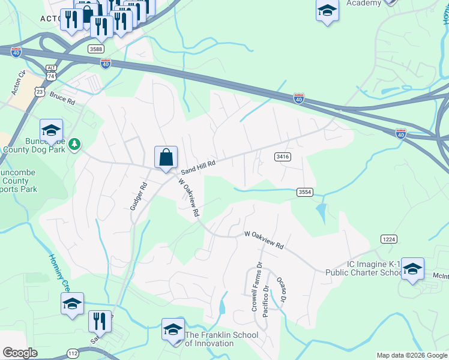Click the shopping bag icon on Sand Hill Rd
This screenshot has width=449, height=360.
[166, 158]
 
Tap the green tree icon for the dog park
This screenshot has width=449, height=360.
[74, 144]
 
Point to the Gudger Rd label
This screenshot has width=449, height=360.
[138, 196]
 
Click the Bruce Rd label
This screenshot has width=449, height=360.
[62, 98]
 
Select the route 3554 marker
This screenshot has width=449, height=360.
[305, 192]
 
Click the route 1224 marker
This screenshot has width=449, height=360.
[388, 239]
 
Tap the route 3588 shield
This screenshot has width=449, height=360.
[95, 48]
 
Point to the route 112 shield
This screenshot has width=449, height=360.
[73, 353]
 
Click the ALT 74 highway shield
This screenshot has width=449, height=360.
[51, 73]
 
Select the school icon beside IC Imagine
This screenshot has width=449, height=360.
[412, 268]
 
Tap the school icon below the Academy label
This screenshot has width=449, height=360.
[327, 11]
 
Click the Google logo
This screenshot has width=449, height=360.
[20, 352]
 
